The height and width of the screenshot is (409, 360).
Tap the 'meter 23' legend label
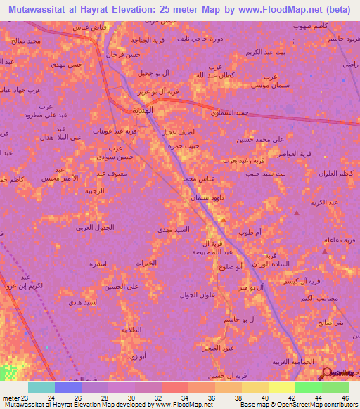tap(14, 397)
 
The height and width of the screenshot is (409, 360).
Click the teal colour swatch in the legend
tap(41, 387)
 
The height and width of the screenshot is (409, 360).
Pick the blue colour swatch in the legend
tap(67, 387)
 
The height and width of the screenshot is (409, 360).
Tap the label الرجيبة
tap(96, 190)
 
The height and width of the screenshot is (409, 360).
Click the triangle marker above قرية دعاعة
tap(326, 240)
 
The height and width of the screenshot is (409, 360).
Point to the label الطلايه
tap(132, 330)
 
